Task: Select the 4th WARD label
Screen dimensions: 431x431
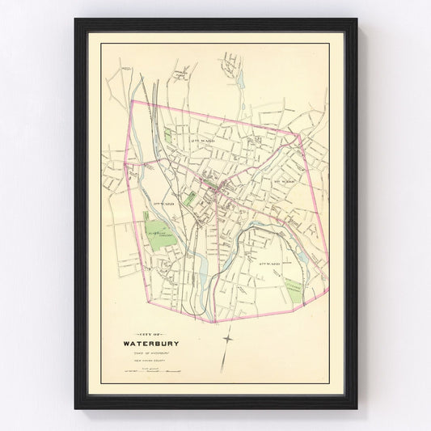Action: (x=268, y=264)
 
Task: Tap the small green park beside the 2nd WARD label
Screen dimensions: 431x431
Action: (x=168, y=137)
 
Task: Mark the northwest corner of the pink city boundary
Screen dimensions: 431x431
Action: (x=131, y=104)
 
